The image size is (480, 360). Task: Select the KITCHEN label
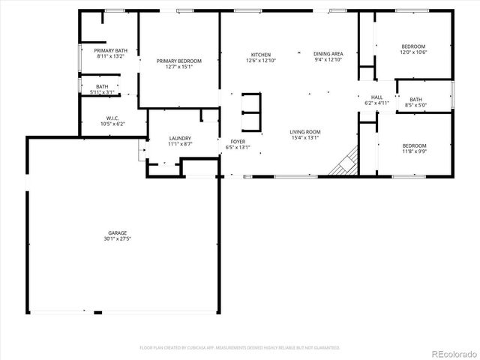point(260,55)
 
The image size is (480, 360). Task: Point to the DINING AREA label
point(328,54)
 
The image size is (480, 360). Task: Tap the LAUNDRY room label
point(180,138)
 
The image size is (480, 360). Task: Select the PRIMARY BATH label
point(111,50)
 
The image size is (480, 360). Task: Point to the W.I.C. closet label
point(112,118)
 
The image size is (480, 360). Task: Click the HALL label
point(376,97)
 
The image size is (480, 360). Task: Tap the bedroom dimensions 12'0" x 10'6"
point(414,52)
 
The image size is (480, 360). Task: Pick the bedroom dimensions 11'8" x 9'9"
point(414,151)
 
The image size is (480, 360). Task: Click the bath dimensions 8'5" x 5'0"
point(415,105)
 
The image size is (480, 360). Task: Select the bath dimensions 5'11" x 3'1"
point(101,91)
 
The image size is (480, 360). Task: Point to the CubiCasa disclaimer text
point(239,348)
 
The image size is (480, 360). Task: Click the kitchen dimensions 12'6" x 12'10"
point(260,60)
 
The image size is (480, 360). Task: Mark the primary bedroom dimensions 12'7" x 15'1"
point(179,66)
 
